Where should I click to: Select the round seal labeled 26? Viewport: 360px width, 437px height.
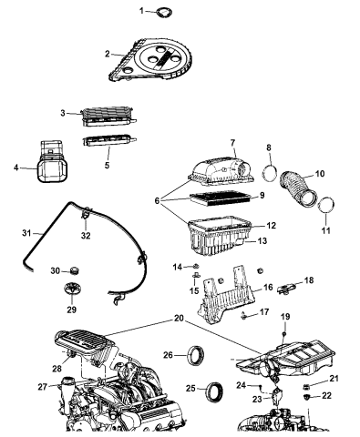pyautogui.click(x=196, y=354)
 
